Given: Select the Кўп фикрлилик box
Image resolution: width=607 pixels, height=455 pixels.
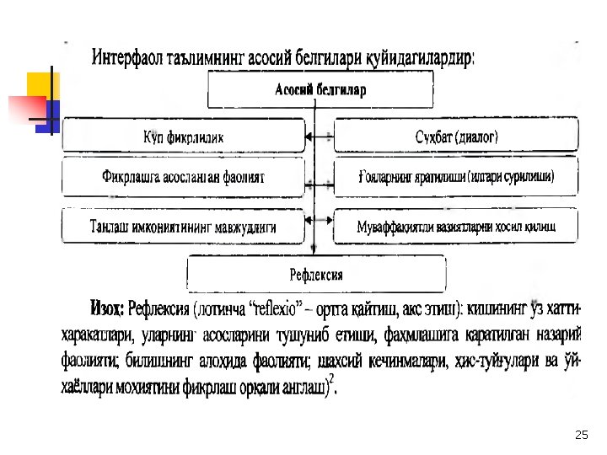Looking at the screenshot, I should point(184,135).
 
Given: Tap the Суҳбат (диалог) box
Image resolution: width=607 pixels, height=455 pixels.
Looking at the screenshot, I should point(456,135).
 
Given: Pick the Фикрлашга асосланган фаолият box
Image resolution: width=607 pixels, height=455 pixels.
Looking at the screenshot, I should point(184,178).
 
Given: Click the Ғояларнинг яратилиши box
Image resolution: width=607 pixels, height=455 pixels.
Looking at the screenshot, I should point(456,178).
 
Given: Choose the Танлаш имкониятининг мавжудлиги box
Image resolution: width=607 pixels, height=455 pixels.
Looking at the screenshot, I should point(184,227).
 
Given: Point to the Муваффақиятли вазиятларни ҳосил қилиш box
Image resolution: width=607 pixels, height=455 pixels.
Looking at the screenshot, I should point(456,227).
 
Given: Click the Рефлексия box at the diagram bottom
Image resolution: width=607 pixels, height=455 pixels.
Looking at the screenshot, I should point(316,274).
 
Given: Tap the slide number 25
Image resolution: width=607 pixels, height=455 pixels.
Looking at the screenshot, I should point(580,435).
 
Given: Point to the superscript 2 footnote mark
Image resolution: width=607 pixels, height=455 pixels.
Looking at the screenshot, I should point(333,380).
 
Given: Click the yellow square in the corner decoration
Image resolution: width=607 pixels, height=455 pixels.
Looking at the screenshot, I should point(42,85).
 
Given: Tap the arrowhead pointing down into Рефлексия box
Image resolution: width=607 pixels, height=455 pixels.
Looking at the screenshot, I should point(314,250).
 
